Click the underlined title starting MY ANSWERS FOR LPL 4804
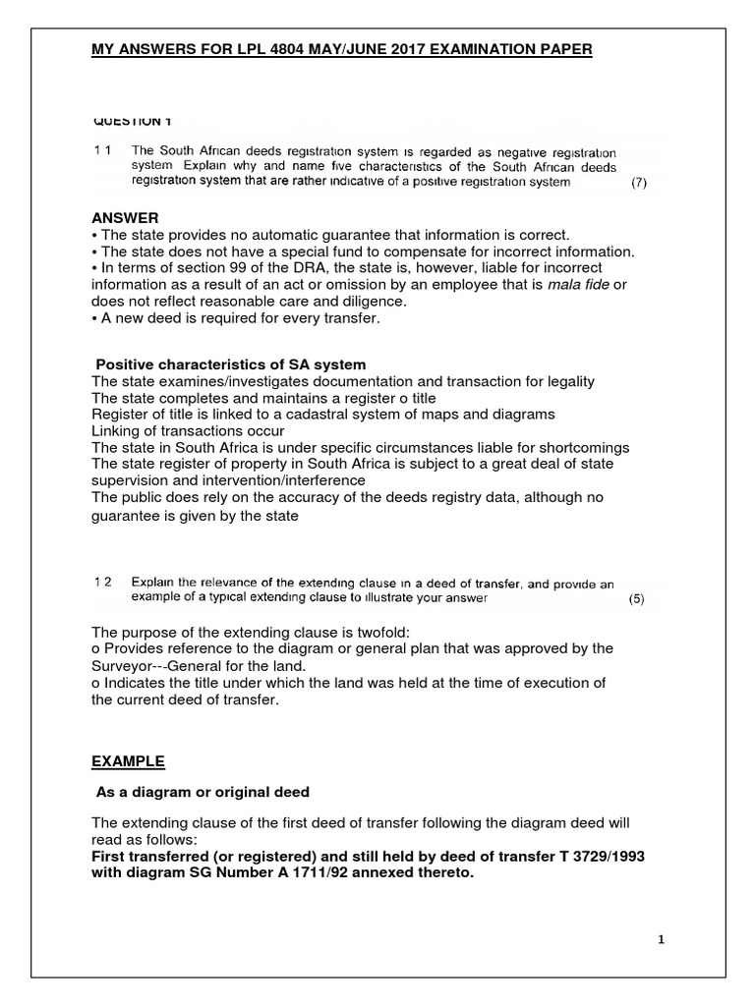[341, 49]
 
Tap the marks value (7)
[638, 183]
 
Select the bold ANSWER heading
[124, 217]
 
